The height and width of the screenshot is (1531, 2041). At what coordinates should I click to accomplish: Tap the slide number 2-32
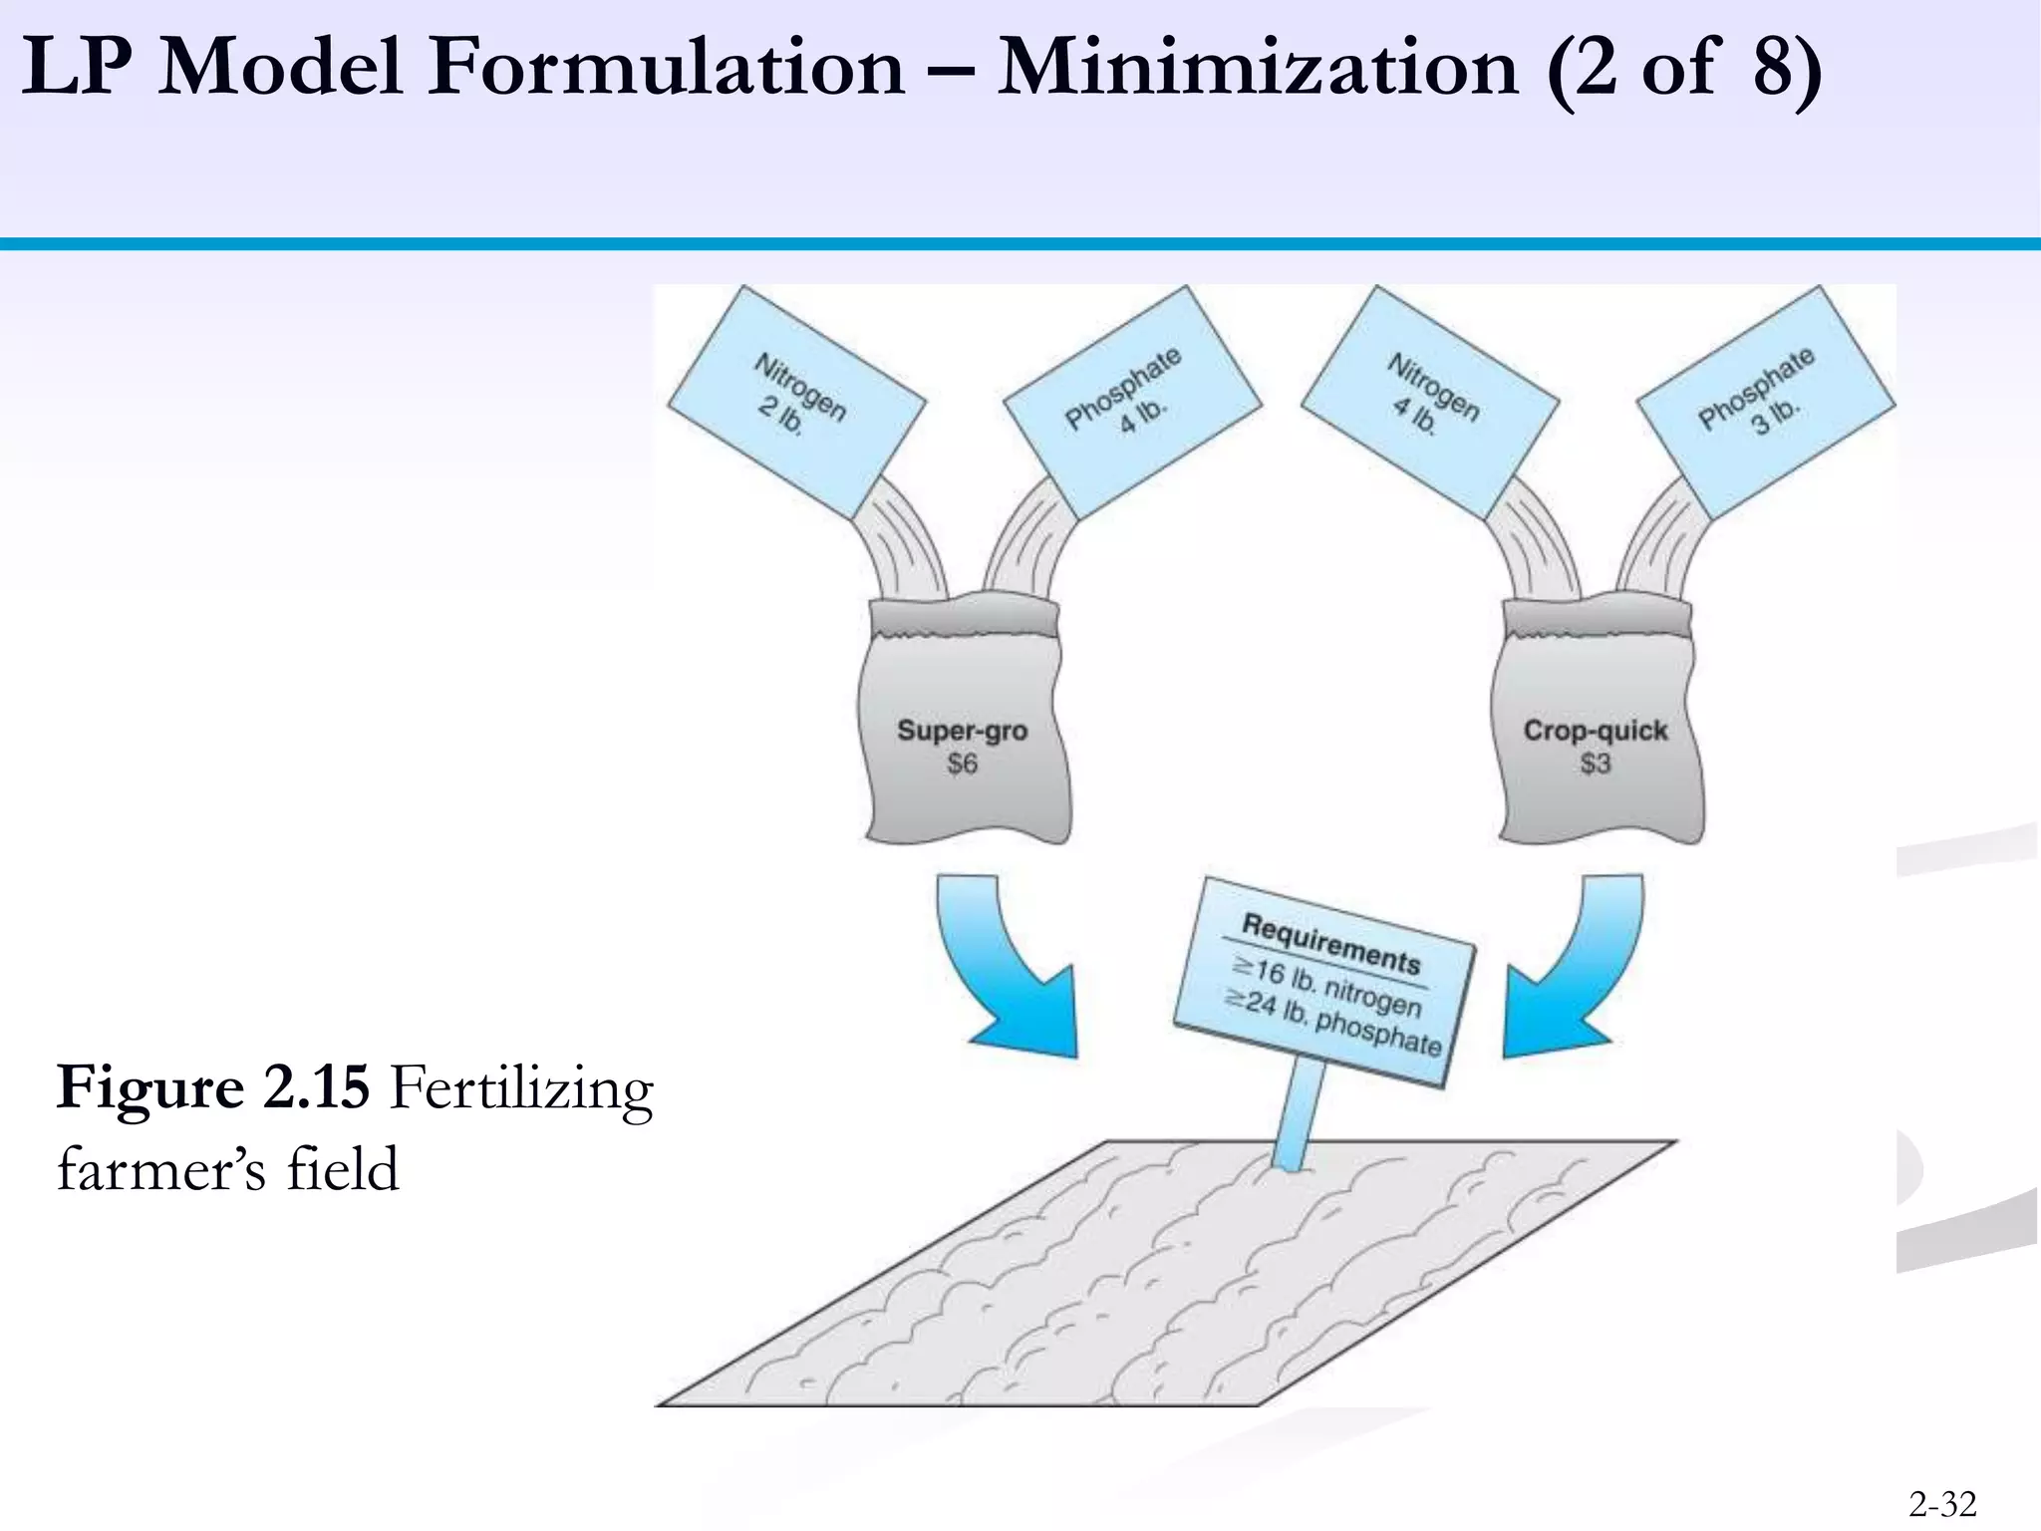(x=1942, y=1503)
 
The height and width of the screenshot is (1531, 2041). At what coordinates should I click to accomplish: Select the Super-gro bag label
(x=962, y=730)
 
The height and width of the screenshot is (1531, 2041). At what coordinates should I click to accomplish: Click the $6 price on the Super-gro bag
(x=962, y=765)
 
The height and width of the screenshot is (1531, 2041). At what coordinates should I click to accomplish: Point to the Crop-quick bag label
(x=1595, y=730)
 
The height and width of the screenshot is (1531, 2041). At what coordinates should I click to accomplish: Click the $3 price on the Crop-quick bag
(x=1595, y=765)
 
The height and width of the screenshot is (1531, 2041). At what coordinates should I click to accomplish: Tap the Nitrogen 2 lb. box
(x=796, y=401)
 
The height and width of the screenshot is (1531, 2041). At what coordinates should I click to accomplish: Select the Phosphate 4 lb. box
(x=1132, y=401)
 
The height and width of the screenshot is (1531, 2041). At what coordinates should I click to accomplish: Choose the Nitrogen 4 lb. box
(x=1430, y=401)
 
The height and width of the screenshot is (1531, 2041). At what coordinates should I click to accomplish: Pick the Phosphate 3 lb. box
(x=1765, y=401)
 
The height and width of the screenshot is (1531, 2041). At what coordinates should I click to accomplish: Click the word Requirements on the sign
(x=1330, y=943)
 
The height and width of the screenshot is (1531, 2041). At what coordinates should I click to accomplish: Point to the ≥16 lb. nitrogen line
(x=1327, y=986)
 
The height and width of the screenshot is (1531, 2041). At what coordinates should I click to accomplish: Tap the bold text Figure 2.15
(x=213, y=1086)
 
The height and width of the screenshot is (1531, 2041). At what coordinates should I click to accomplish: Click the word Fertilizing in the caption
(x=521, y=1088)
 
